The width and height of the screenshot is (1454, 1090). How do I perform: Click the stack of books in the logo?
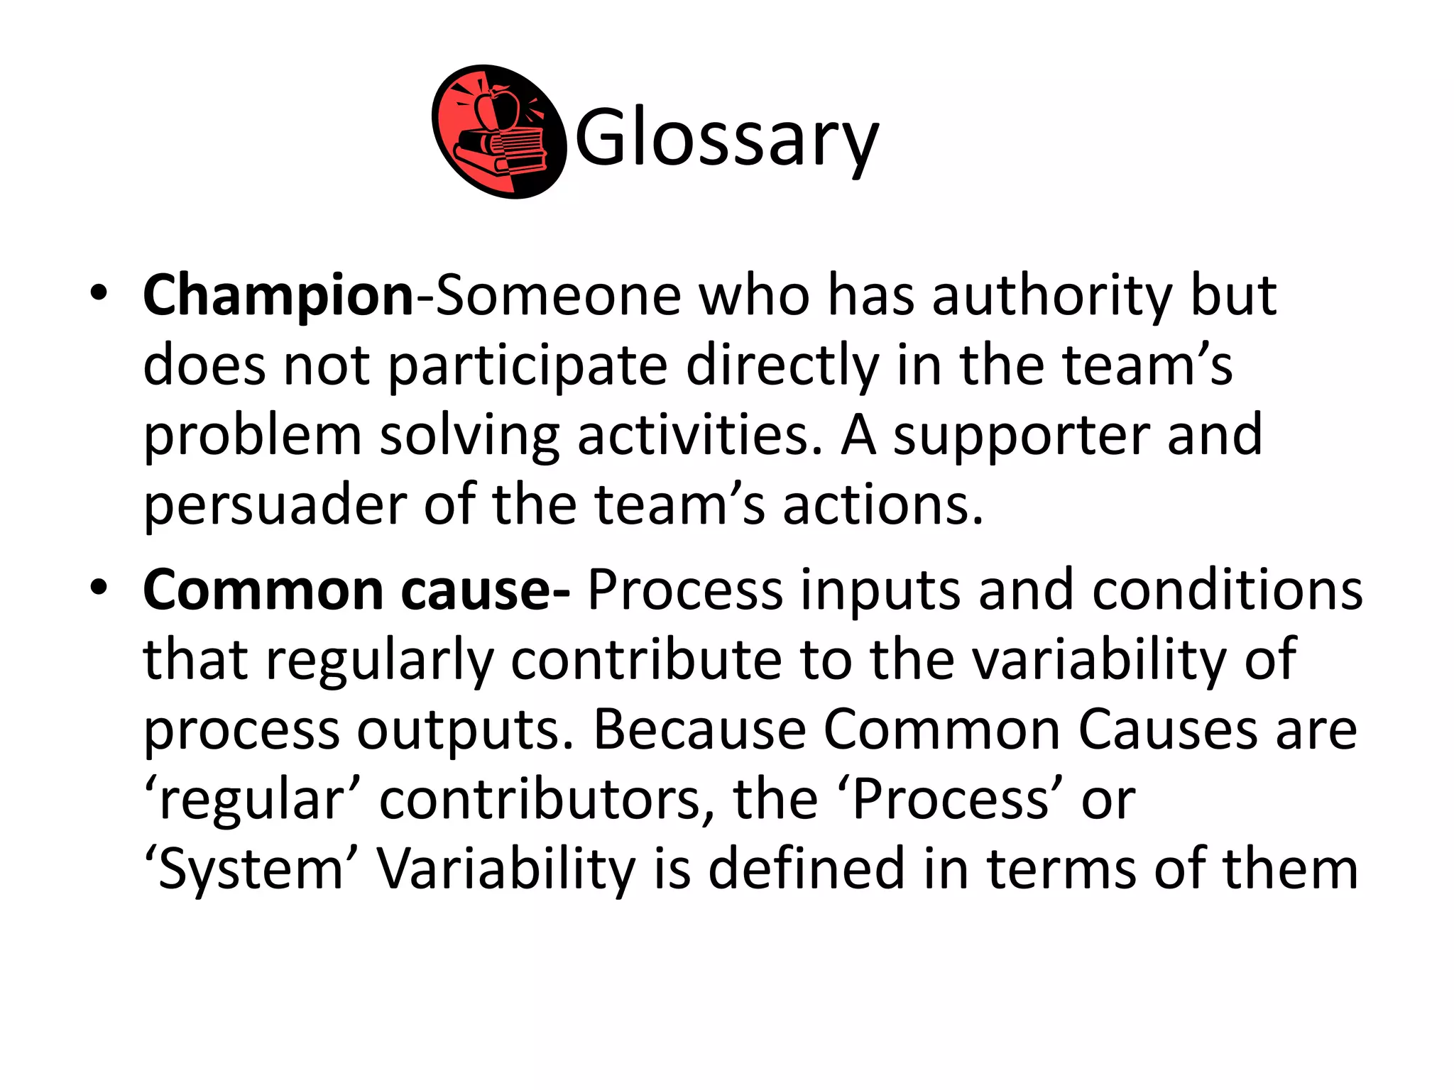[501, 153]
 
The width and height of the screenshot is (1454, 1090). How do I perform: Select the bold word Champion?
[278, 295]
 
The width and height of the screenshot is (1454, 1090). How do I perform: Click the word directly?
[782, 365]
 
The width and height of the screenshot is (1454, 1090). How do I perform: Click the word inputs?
[880, 590]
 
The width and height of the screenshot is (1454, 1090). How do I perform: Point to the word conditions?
[1227, 590]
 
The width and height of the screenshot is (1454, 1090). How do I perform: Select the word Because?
[699, 730]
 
